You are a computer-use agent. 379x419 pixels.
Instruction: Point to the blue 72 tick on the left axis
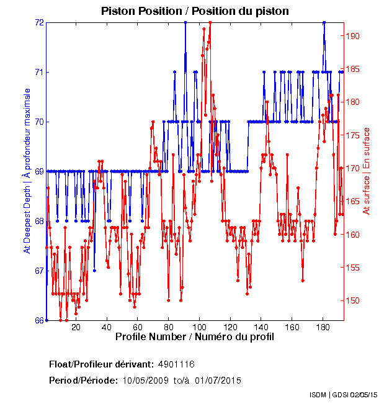39,22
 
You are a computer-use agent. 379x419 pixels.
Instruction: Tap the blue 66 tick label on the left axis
39,320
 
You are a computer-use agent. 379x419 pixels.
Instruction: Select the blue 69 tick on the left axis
39,171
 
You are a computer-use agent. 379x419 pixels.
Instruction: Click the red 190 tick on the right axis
352,35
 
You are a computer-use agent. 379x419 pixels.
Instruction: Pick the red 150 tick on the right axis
352,300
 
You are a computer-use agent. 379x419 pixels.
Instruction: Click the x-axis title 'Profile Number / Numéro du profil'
194,337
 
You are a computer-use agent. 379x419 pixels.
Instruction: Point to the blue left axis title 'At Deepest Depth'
27,171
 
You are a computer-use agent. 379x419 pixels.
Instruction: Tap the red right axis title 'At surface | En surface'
367,171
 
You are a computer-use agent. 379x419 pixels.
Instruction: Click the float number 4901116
177,364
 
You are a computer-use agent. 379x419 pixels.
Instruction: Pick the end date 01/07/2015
218,381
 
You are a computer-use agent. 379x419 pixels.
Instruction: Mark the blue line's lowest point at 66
47,320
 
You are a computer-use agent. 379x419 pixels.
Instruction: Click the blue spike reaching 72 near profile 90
185,23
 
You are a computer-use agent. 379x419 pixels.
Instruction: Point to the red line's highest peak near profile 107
210,23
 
